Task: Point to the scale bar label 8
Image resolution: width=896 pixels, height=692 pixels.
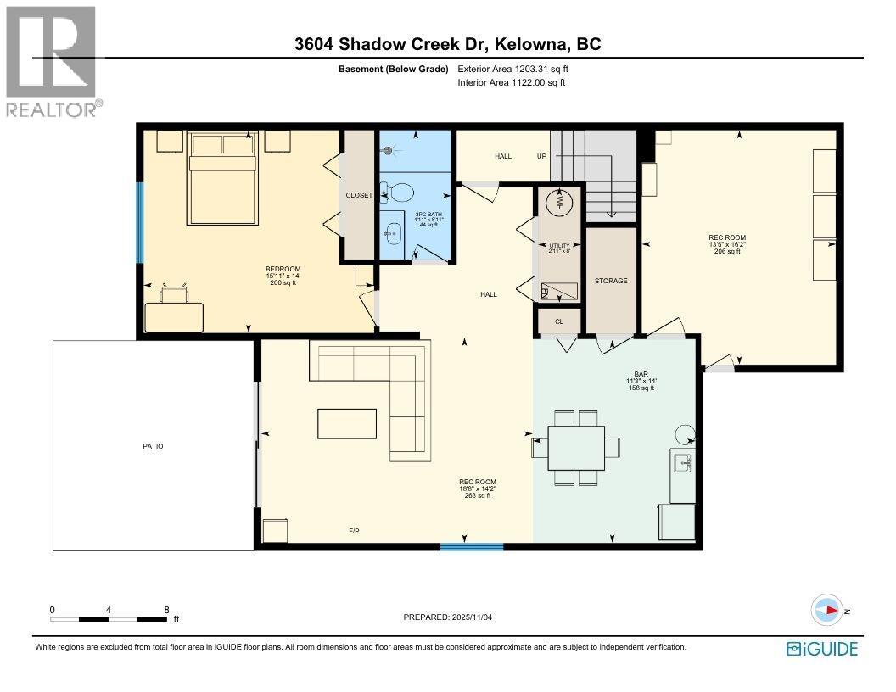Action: (166, 610)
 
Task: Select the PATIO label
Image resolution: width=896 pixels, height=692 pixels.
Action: (153, 445)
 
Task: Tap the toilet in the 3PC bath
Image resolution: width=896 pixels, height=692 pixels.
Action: (396, 193)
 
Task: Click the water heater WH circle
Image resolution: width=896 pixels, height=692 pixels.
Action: (558, 204)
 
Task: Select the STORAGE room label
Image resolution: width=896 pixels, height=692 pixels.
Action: (611, 281)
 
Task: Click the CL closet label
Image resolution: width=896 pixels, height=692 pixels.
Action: (559, 321)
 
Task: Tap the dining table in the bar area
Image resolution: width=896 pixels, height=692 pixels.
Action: (576, 447)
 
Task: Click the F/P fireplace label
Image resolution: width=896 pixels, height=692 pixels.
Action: (354, 532)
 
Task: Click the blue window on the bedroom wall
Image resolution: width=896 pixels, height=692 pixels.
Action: (140, 222)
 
